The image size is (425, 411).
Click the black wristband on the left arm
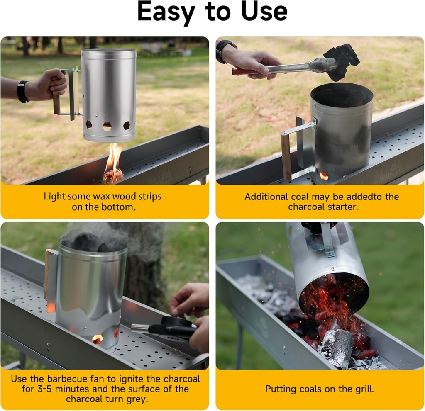(22, 92)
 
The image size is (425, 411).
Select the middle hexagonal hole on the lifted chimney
(107, 126)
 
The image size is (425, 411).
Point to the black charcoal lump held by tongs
(341, 61)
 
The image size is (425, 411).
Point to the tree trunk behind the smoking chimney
(143, 274)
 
